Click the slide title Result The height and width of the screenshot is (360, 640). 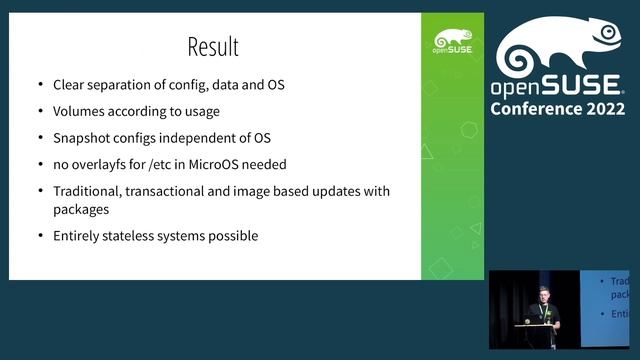(214, 46)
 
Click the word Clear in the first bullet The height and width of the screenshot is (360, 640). (71, 85)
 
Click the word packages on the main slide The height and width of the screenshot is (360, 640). (82, 210)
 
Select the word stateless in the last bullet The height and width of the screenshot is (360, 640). (136, 236)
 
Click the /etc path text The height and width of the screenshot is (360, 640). (169, 163)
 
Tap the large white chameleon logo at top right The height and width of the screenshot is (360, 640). (561, 43)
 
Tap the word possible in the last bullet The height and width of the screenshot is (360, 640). (232, 236)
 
